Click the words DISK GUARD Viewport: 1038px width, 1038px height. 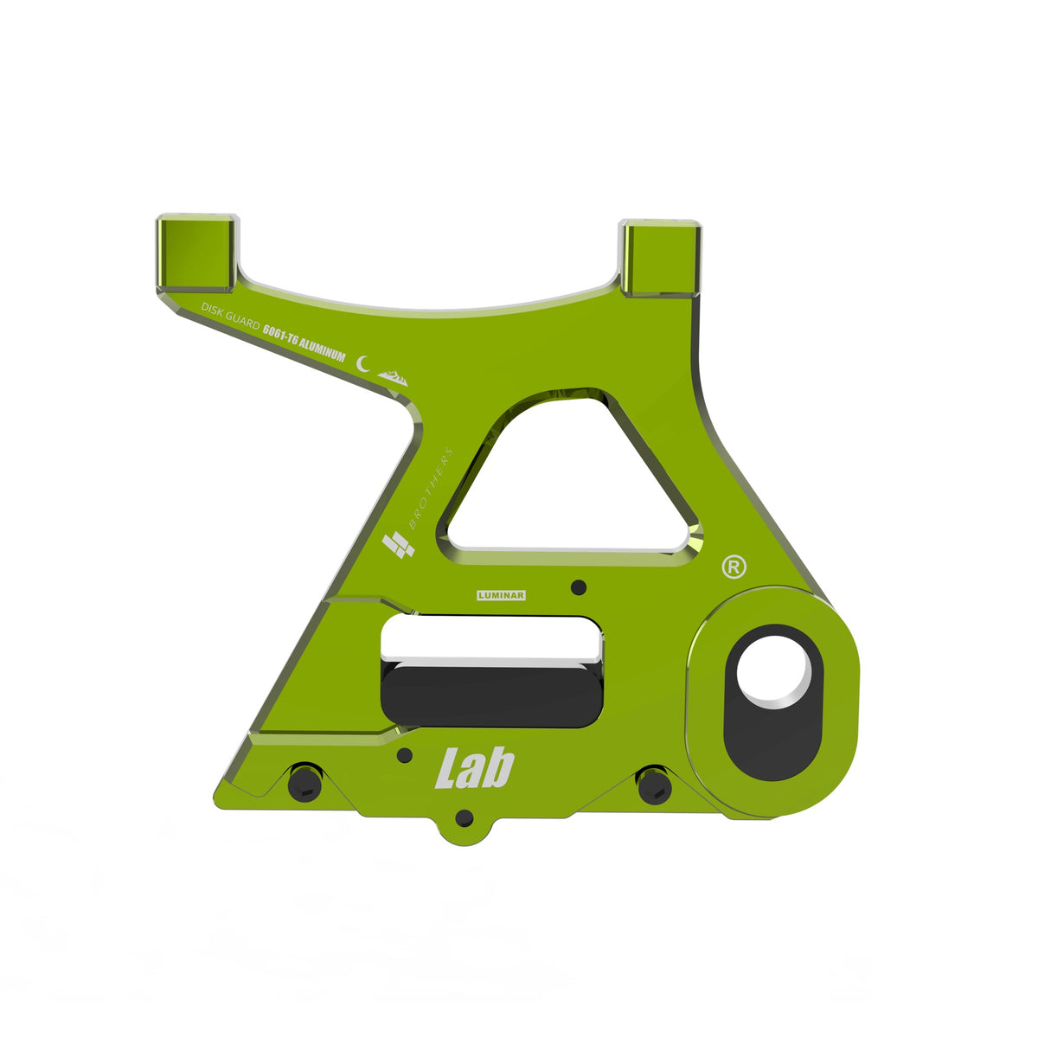click(231, 316)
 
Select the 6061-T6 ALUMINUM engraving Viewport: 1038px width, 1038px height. click(304, 342)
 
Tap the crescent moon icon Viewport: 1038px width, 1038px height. click(363, 363)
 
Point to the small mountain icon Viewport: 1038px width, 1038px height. click(393, 378)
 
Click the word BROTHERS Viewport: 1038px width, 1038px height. click(431, 489)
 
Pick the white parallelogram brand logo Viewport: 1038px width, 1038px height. click(398, 545)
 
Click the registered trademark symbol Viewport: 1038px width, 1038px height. click(734, 567)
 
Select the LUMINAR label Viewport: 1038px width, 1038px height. click(501, 595)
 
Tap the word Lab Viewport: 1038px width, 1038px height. click(475, 767)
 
